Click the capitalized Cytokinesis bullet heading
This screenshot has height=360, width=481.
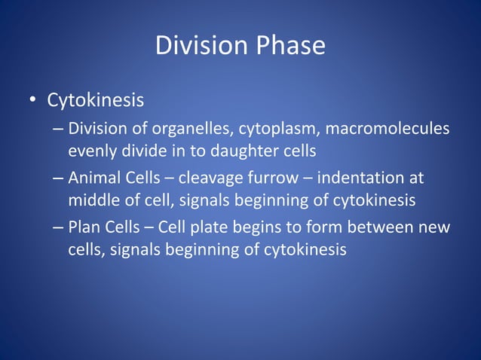tap(96, 100)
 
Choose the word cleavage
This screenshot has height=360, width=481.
tap(209, 178)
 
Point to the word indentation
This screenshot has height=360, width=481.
tap(361, 178)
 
